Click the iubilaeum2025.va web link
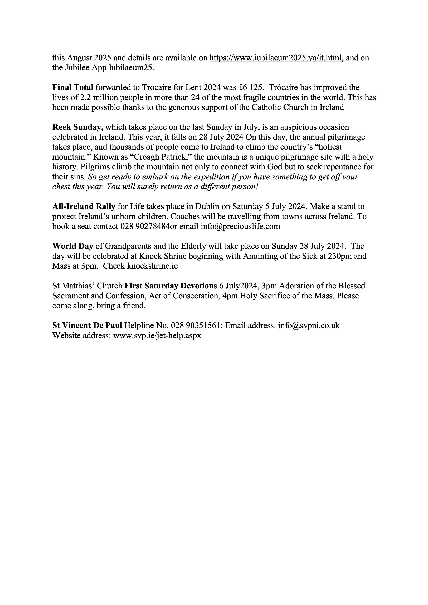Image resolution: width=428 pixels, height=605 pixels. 275,58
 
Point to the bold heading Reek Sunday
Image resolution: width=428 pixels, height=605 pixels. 78,127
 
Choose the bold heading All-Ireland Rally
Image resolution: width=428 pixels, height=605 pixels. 84,206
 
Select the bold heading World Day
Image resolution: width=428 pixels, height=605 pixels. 73,246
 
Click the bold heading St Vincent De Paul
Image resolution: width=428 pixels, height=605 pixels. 87,326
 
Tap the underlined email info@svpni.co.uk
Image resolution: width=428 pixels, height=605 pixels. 309,326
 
